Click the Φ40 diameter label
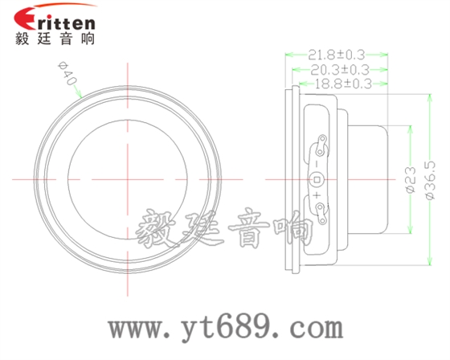point(66,76)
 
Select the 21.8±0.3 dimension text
point(337,55)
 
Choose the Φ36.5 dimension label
point(430,178)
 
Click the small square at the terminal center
point(317,178)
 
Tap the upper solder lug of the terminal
point(321,147)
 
